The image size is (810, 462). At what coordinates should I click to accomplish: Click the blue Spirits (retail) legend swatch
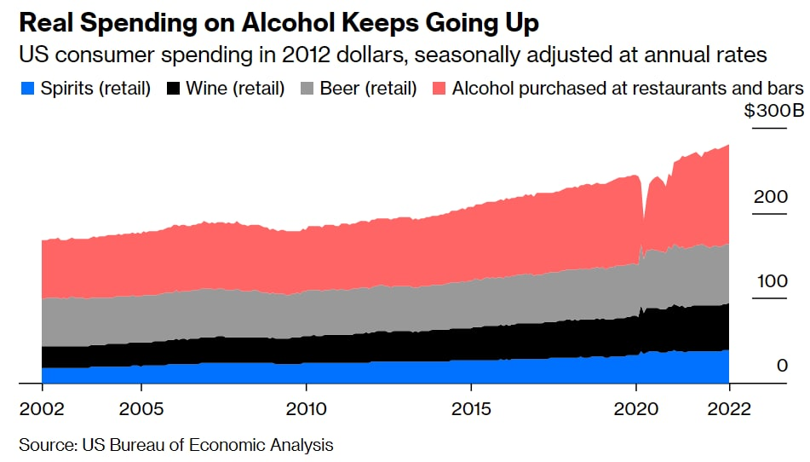pyautogui.click(x=26, y=88)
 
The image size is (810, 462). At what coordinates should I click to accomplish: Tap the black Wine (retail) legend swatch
pyautogui.click(x=175, y=88)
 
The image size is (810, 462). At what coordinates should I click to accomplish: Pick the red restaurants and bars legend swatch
pyautogui.click(x=439, y=88)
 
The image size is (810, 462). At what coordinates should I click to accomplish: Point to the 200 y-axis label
pyautogui.click(x=770, y=197)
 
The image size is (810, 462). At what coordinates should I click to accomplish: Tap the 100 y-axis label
pyautogui.click(x=770, y=281)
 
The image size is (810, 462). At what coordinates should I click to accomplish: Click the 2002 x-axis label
pyautogui.click(x=41, y=408)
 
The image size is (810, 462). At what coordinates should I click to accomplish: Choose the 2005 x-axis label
pyautogui.click(x=141, y=408)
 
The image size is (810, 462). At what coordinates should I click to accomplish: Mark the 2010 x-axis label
pyautogui.click(x=306, y=408)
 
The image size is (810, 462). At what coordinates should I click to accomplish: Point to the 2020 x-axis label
pyautogui.click(x=636, y=408)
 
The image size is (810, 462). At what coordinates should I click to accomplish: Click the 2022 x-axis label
pyautogui.click(x=729, y=408)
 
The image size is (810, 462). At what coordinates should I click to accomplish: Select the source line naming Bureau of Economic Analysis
pyautogui.click(x=175, y=445)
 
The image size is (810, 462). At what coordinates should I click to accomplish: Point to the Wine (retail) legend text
pyautogui.click(x=235, y=88)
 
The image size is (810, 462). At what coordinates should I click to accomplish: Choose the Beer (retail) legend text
pyautogui.click(x=368, y=88)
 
